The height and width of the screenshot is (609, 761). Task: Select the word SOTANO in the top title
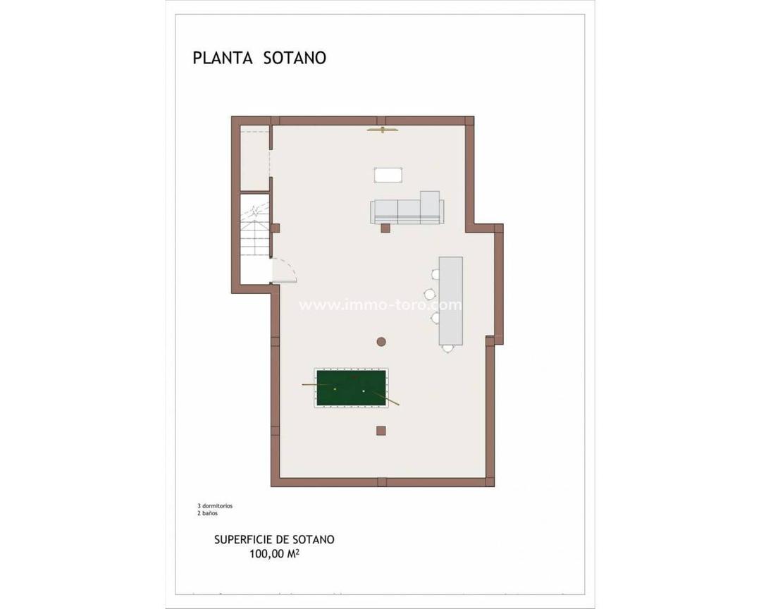295,58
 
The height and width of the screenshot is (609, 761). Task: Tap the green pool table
351,388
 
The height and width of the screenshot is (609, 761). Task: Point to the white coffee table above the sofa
388,174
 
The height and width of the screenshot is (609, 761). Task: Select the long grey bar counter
451,300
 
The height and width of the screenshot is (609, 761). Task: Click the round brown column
381,342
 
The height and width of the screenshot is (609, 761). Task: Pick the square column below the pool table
381,431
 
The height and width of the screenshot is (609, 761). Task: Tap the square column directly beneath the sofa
385,228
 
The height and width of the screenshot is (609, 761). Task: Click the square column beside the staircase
276,228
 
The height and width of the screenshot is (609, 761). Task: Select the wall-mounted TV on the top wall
383,130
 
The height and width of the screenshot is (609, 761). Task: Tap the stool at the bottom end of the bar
448,348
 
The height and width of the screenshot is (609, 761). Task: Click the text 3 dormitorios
215,506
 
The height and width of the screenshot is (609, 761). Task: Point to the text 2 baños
208,513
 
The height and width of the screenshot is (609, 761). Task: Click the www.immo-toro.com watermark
380,305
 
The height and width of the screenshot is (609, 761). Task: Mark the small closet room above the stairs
254,158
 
